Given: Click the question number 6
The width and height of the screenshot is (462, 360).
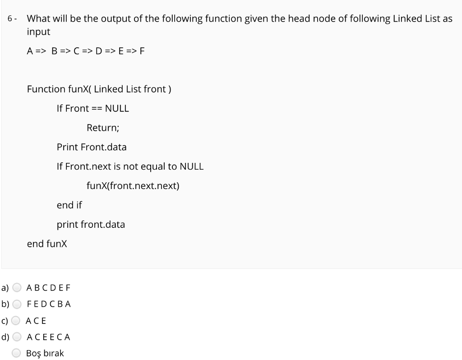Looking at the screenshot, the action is pos(10,19).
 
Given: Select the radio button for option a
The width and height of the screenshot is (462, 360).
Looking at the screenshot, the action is pos(17,287).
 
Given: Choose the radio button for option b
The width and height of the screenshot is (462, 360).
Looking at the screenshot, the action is pos(17,304).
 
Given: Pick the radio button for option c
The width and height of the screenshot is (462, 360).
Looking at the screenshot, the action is pos(17,321).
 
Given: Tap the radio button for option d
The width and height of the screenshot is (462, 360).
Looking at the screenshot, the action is pos(17,337).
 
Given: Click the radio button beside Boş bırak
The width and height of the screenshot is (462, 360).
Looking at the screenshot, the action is pos(17,353).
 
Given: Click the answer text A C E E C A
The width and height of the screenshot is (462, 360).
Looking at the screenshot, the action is pos(48,337).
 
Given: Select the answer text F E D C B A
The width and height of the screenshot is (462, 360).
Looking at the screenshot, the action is pos(49,304).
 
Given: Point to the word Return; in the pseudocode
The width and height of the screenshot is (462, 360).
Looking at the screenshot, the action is pos(103,128).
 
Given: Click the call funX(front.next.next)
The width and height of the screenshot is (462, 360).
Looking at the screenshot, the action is pos(133,186).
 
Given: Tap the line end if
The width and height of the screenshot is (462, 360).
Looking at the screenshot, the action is pos(69,205).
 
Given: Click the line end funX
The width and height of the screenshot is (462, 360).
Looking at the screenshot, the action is pos(47,244).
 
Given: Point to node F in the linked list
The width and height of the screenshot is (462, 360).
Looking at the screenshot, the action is pos(142,51).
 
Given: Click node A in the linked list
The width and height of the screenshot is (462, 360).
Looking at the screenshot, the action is pos(30,51).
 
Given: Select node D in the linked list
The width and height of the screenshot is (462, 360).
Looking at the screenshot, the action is pos(98,51).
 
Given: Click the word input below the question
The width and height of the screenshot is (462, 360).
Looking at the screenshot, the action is pos(38,32).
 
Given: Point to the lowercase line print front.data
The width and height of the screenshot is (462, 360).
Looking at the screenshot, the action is pos(91,225).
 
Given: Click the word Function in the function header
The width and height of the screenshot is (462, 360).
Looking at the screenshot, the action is pos(46,89).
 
